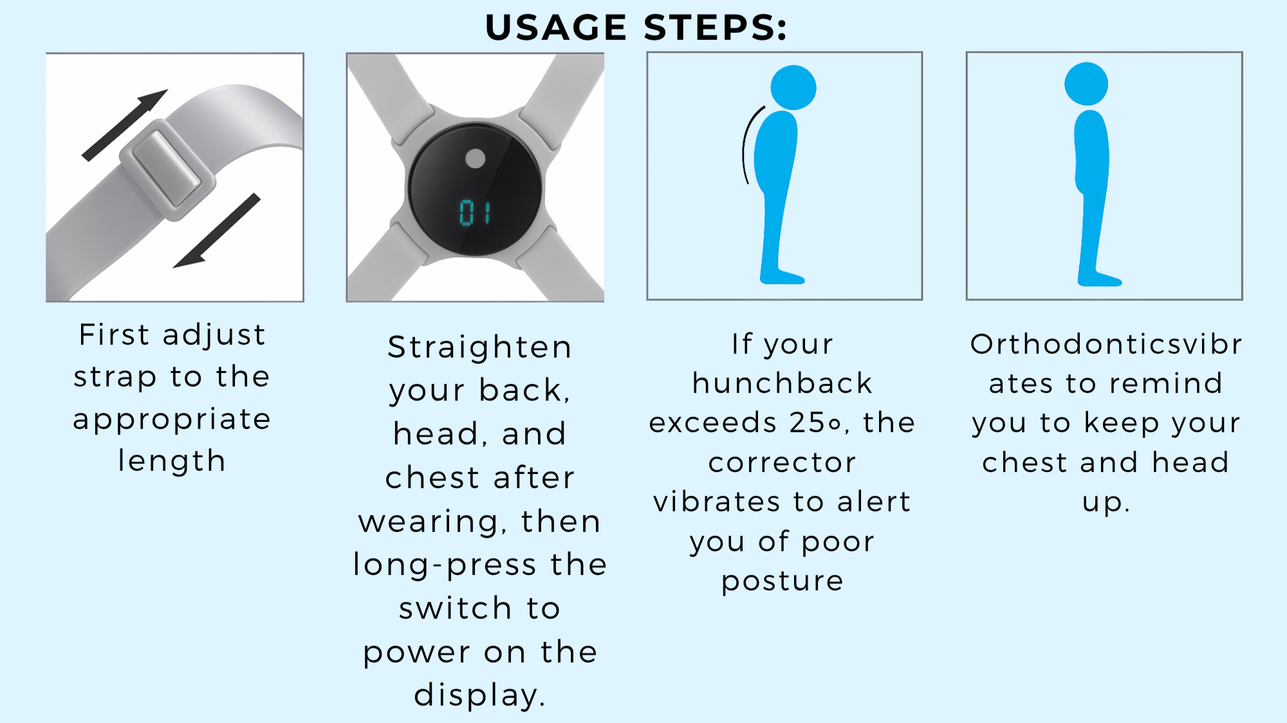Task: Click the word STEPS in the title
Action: coord(715,28)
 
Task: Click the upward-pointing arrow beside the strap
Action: coord(124,125)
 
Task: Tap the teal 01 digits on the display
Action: coord(476,212)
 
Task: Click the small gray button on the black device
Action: coord(476,158)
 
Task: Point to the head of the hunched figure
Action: coord(793,87)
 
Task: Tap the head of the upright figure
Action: coord(1086,84)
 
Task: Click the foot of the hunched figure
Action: coord(782,278)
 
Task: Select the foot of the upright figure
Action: coord(1100,279)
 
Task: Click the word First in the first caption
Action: coord(115,334)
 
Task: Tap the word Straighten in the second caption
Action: coord(479,348)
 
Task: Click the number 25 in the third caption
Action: coord(807,423)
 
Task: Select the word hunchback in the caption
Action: coord(782,383)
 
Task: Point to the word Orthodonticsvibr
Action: coord(1106,344)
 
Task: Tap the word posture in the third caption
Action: coord(782,581)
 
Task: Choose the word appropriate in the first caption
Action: coord(172,420)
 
